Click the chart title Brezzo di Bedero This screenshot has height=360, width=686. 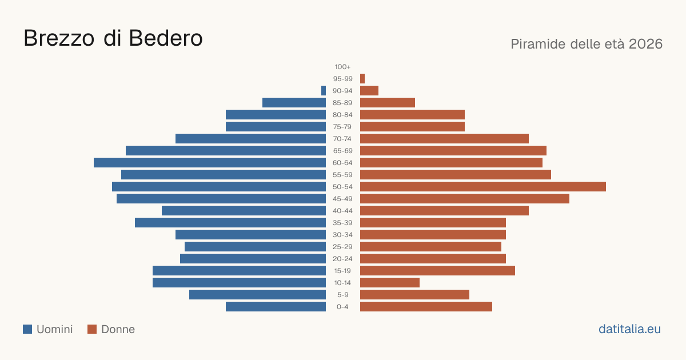(x=113, y=38)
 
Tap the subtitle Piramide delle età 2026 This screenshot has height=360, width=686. (x=587, y=44)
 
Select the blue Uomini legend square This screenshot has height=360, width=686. (x=27, y=329)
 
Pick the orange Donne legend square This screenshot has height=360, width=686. (x=92, y=329)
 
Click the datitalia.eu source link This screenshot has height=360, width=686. (x=629, y=329)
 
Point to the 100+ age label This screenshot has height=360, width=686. (x=342, y=67)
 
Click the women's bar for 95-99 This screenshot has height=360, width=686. (x=362, y=79)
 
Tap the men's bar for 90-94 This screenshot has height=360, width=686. (x=324, y=91)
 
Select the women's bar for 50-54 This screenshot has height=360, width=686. (x=483, y=187)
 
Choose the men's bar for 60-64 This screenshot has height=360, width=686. (x=210, y=162)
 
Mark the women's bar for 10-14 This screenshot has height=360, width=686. (x=390, y=282)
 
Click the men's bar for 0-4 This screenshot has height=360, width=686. (x=276, y=307)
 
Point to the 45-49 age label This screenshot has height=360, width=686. (x=342, y=199)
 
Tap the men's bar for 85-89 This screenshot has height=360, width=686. (x=294, y=102)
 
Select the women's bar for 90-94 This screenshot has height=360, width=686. (x=369, y=91)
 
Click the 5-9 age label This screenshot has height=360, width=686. (x=342, y=295)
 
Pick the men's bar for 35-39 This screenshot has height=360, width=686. (x=230, y=222)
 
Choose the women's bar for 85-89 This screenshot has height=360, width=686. (x=388, y=102)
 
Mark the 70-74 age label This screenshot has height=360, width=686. (x=342, y=139)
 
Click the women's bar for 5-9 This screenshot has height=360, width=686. (x=414, y=295)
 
